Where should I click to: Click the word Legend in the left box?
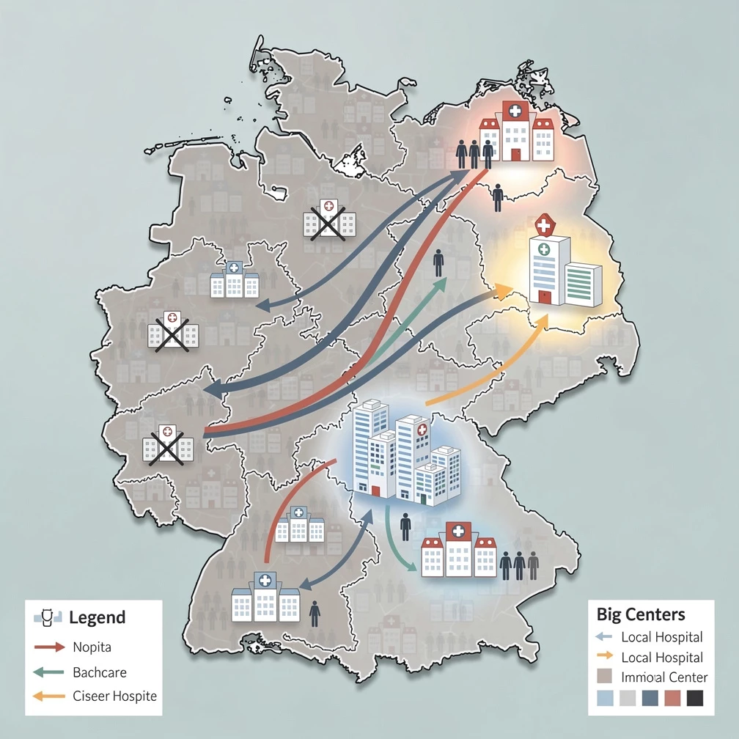(97, 617)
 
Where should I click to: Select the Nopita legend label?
(92, 647)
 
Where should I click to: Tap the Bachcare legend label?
(100, 672)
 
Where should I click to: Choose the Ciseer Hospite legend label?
(114, 696)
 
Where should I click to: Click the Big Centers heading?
(641, 614)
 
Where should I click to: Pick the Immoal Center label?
(664, 677)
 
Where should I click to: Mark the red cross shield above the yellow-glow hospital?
(544, 224)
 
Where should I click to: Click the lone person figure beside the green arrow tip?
(438, 262)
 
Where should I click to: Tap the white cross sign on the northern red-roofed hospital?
(515, 111)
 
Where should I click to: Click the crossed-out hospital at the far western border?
(167, 444)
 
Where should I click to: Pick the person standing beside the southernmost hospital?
(315, 613)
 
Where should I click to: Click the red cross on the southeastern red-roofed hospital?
(458, 531)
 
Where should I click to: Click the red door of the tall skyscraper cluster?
(375, 490)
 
